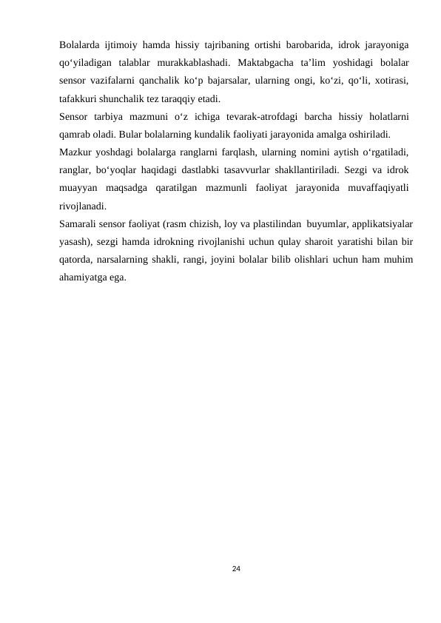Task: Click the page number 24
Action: (x=236, y=568)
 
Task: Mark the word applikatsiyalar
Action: (x=378, y=223)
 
